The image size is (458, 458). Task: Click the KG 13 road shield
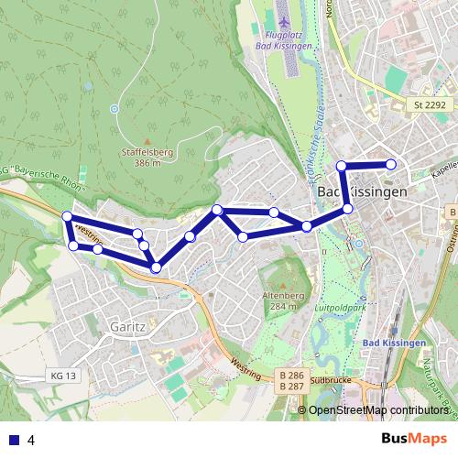coord(64,376)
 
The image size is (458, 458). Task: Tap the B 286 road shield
coord(292,376)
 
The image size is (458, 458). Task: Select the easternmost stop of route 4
coord(391,164)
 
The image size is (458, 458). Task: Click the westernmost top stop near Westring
coord(66,216)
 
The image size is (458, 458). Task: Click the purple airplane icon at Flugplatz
coord(283,20)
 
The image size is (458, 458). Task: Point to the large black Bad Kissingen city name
coord(361,193)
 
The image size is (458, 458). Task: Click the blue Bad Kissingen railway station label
coord(394,343)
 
